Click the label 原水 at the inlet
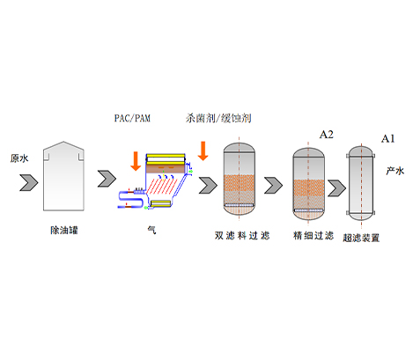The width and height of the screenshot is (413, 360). click(19, 159)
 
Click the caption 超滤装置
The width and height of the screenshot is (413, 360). click(362, 237)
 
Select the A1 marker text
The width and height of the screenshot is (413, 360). click(387, 139)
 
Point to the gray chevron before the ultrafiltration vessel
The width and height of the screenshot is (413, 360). click(336, 187)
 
